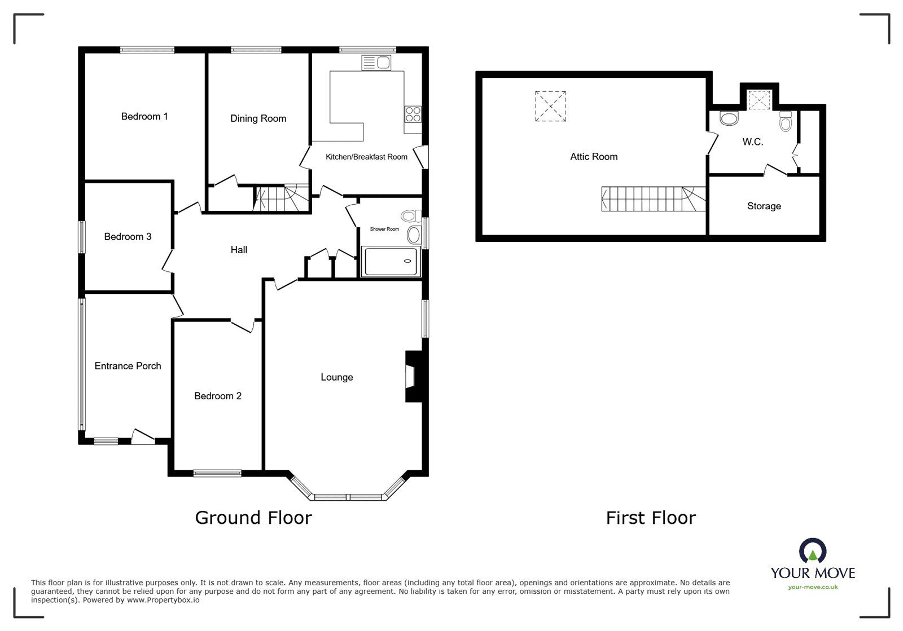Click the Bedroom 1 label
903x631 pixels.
[x=144, y=117]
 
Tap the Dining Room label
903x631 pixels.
[x=258, y=118]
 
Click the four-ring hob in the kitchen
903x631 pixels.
[x=413, y=114]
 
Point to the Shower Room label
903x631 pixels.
[x=384, y=229]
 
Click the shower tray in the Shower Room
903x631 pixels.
[x=391, y=262]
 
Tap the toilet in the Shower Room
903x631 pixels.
[x=409, y=215]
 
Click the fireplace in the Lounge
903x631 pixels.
[x=412, y=377]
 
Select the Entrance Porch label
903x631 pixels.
[x=128, y=366]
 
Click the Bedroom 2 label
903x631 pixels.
[x=217, y=396]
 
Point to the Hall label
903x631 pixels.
[x=239, y=250]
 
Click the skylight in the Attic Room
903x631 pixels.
[x=550, y=106]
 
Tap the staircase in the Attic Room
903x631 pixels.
[x=652, y=199]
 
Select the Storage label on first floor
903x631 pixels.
[x=764, y=206]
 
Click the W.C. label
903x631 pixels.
[x=752, y=142]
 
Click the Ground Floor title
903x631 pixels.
[x=253, y=518]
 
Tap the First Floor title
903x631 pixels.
[x=651, y=518]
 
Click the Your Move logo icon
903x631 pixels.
[x=812, y=551]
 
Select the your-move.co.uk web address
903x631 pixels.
[x=813, y=587]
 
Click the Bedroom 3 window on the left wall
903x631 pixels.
[x=81, y=237]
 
